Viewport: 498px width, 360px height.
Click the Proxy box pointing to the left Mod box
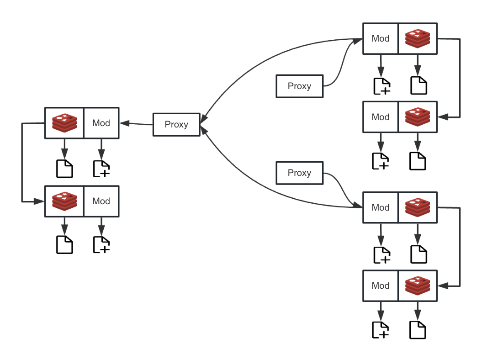(x=176, y=125)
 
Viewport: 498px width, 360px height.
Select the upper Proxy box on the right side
(x=299, y=86)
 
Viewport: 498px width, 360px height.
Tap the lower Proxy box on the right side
(x=299, y=173)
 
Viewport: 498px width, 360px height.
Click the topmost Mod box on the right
(x=381, y=39)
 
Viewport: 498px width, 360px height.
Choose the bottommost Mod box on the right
(x=381, y=286)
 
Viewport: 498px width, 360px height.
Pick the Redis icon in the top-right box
(x=418, y=39)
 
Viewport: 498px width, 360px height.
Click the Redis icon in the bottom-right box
(x=418, y=286)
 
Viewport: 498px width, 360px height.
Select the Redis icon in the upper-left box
(x=64, y=122)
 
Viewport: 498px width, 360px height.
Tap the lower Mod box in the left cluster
(x=101, y=201)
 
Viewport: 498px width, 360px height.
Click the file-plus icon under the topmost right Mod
(x=381, y=86)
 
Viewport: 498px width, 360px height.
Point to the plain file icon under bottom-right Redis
(x=418, y=330)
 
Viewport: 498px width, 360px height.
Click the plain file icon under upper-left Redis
(x=64, y=169)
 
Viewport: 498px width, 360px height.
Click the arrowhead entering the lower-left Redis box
(x=40, y=201)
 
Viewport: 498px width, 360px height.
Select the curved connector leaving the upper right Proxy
(x=340, y=64)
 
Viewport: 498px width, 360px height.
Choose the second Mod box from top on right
(x=381, y=117)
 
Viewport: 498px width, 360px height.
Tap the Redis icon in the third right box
(x=418, y=207)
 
